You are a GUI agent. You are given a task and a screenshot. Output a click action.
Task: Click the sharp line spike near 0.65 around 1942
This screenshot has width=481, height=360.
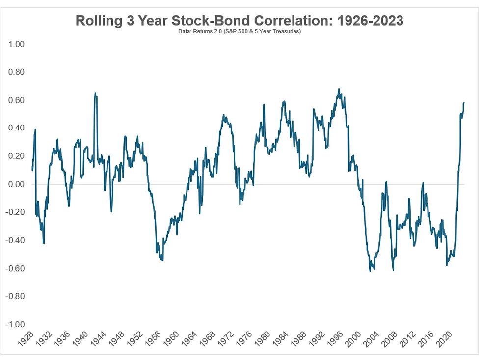coord(95,94)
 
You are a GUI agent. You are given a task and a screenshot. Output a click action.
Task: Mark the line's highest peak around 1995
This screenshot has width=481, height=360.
coord(339,90)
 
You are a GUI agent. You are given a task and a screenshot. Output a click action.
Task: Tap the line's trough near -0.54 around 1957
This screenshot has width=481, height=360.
coord(162,260)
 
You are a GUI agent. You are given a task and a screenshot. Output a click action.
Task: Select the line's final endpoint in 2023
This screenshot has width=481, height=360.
coord(464,103)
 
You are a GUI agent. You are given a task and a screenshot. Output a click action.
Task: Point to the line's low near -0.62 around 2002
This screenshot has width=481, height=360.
coord(370,270)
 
